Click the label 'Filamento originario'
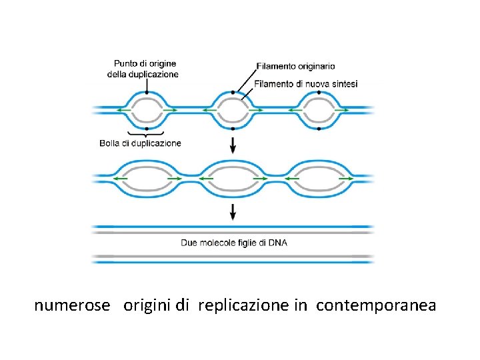(x=296, y=66)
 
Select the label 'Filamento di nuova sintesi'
(x=307, y=83)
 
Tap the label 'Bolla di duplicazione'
(x=140, y=143)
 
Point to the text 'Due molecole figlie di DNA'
(x=234, y=243)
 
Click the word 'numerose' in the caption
(x=72, y=305)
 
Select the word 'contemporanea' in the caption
(x=376, y=305)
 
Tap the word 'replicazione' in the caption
(x=243, y=305)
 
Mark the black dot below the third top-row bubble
(x=319, y=127)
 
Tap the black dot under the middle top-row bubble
(x=233, y=127)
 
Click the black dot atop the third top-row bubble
(x=319, y=92)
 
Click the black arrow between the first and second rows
(x=233, y=143)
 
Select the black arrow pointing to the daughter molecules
(x=233, y=212)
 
